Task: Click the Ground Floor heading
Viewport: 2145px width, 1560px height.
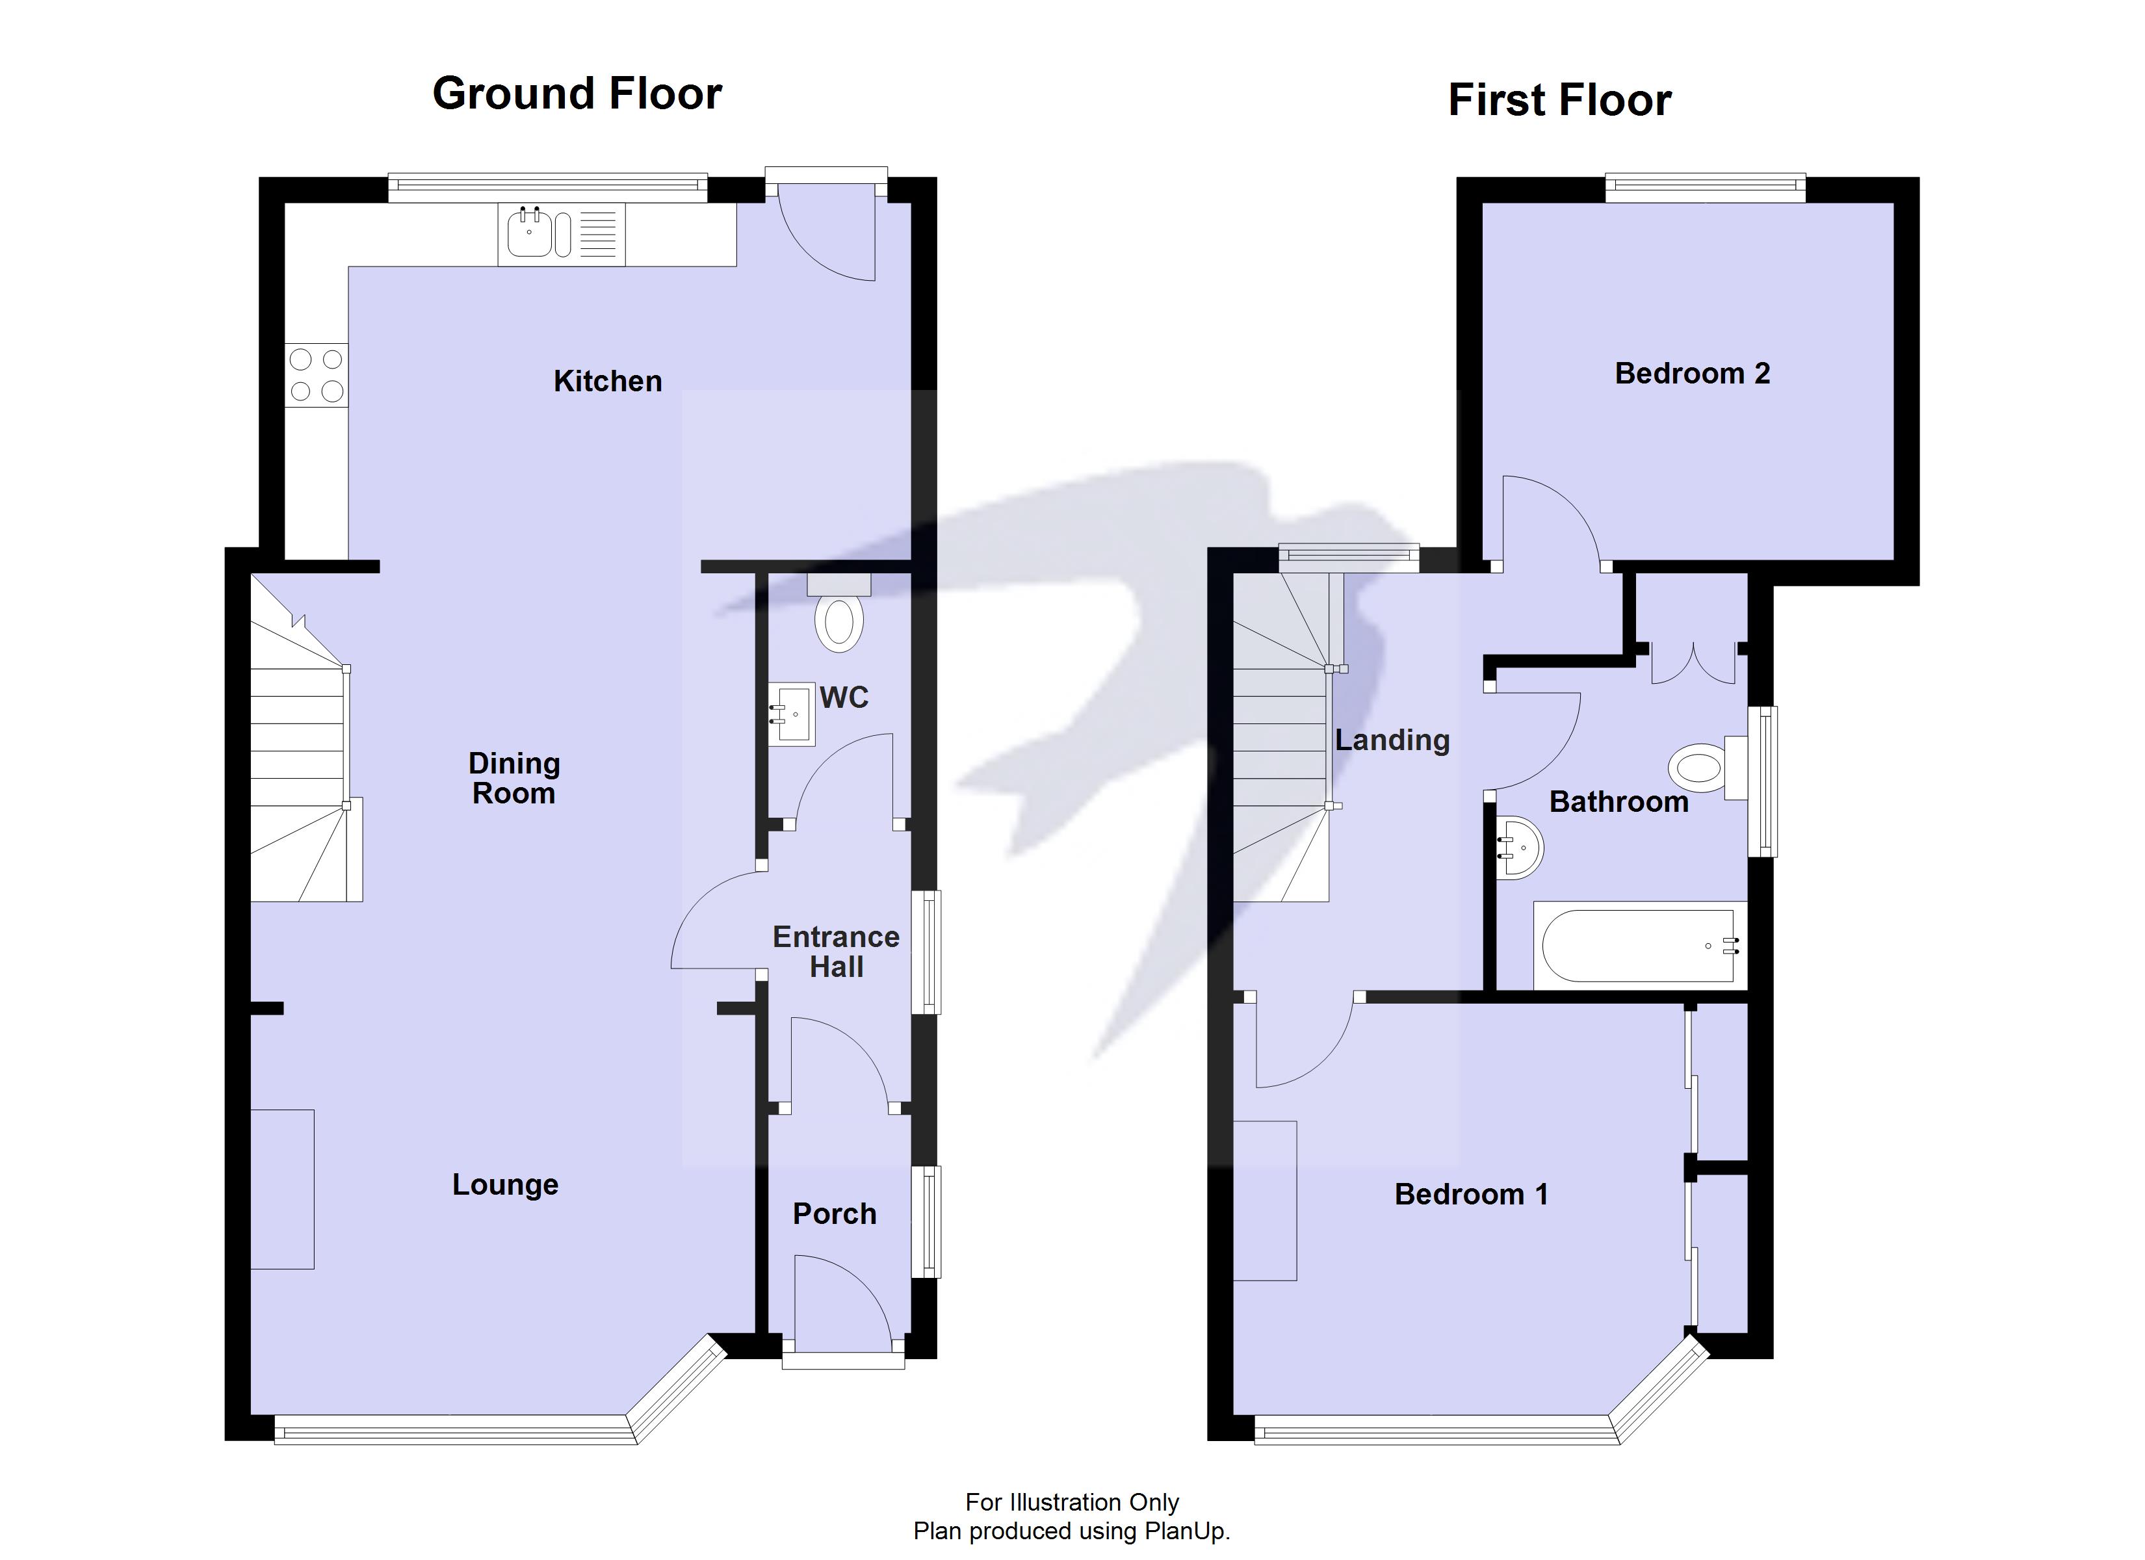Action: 577,94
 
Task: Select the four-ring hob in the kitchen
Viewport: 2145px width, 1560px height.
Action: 317,374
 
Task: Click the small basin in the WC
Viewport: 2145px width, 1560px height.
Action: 792,715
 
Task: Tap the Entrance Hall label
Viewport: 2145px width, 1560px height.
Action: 836,952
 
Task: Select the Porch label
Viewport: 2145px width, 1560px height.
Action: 834,1214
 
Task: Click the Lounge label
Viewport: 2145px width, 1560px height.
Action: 505,1184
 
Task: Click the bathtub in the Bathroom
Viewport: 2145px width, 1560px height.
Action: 1640,946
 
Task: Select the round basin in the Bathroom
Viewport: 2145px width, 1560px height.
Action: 1519,848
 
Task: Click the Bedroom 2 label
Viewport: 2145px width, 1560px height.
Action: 1692,374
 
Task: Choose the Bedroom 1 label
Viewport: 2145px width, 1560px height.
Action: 1472,1194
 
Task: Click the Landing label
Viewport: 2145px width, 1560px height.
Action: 1392,740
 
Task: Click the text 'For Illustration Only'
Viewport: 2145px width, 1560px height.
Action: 1072,1501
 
